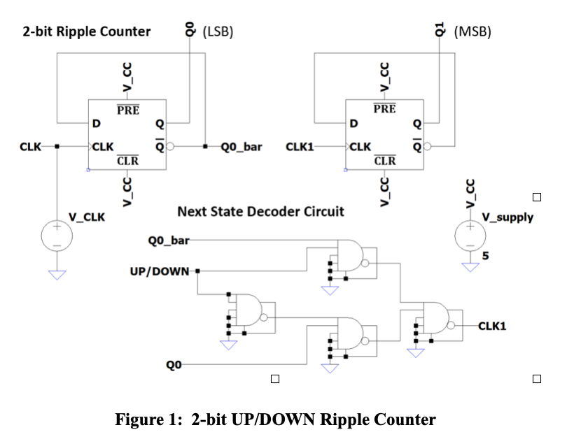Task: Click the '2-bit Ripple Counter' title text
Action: click(86, 31)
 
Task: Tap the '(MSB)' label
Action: click(473, 31)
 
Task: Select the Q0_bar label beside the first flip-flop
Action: click(241, 147)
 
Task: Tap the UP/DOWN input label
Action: click(162, 271)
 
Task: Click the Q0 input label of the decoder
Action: click(174, 364)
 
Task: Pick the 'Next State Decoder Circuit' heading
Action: click(260, 211)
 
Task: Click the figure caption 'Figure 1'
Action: click(275, 419)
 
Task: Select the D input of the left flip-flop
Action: click(96, 124)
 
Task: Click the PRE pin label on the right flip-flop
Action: click(384, 109)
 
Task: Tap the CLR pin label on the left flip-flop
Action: click(127, 161)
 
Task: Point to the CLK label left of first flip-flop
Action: click(29, 147)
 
